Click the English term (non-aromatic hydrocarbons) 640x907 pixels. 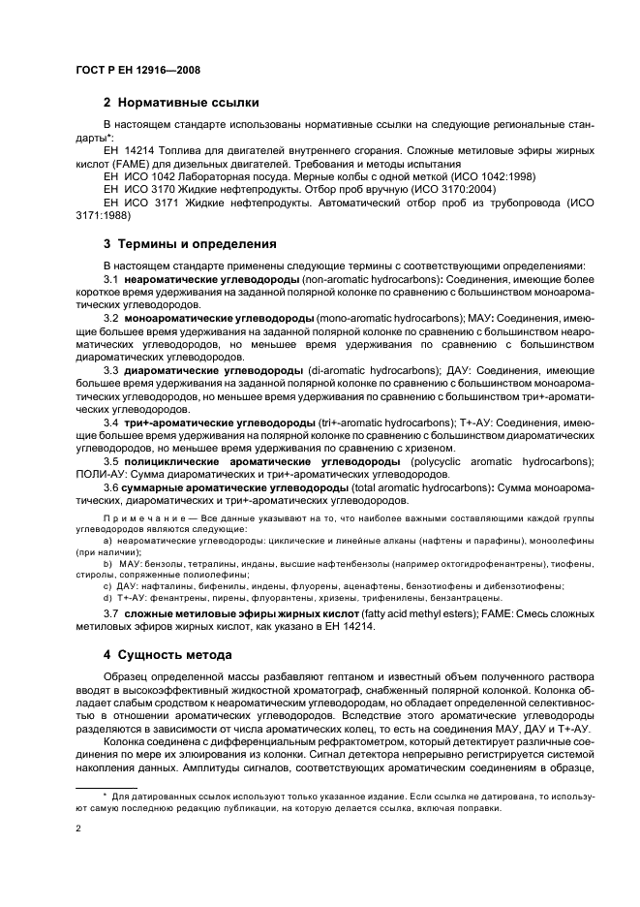[x=365, y=279]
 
